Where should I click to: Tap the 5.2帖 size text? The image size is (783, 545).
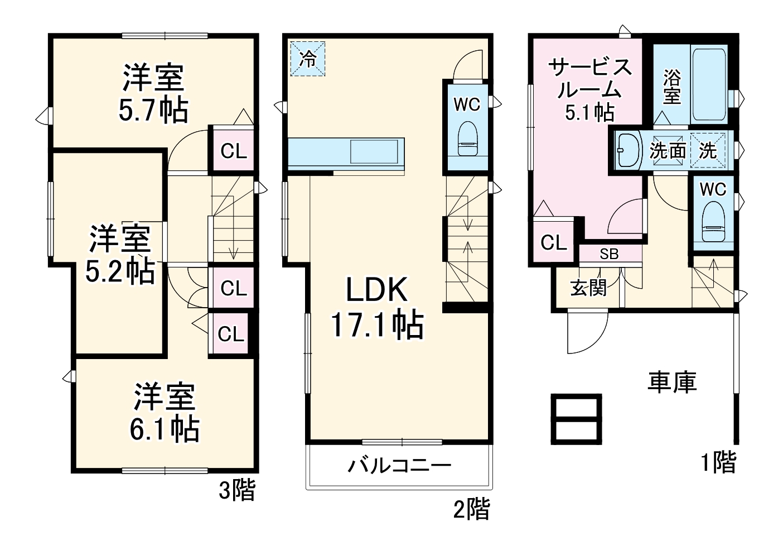click(x=119, y=271)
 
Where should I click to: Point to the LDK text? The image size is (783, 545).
click(x=378, y=289)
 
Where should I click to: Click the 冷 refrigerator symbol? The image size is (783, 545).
click(x=307, y=59)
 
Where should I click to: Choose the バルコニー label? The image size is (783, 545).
click(x=399, y=465)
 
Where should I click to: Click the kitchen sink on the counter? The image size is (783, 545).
click(x=374, y=151)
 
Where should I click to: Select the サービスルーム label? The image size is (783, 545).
click(x=590, y=78)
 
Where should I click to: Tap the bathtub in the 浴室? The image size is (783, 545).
click(x=709, y=84)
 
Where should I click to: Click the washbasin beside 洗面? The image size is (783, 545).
click(x=629, y=150)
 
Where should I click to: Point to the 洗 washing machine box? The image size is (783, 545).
click(x=708, y=150)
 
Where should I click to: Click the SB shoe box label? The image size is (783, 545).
click(x=609, y=254)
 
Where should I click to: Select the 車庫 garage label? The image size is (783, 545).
click(x=672, y=381)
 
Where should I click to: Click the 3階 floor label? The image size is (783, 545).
click(x=236, y=490)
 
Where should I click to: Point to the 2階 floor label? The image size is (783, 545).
click(x=471, y=509)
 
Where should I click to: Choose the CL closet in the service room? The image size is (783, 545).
click(x=553, y=242)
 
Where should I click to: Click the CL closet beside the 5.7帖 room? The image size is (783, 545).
click(x=233, y=151)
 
